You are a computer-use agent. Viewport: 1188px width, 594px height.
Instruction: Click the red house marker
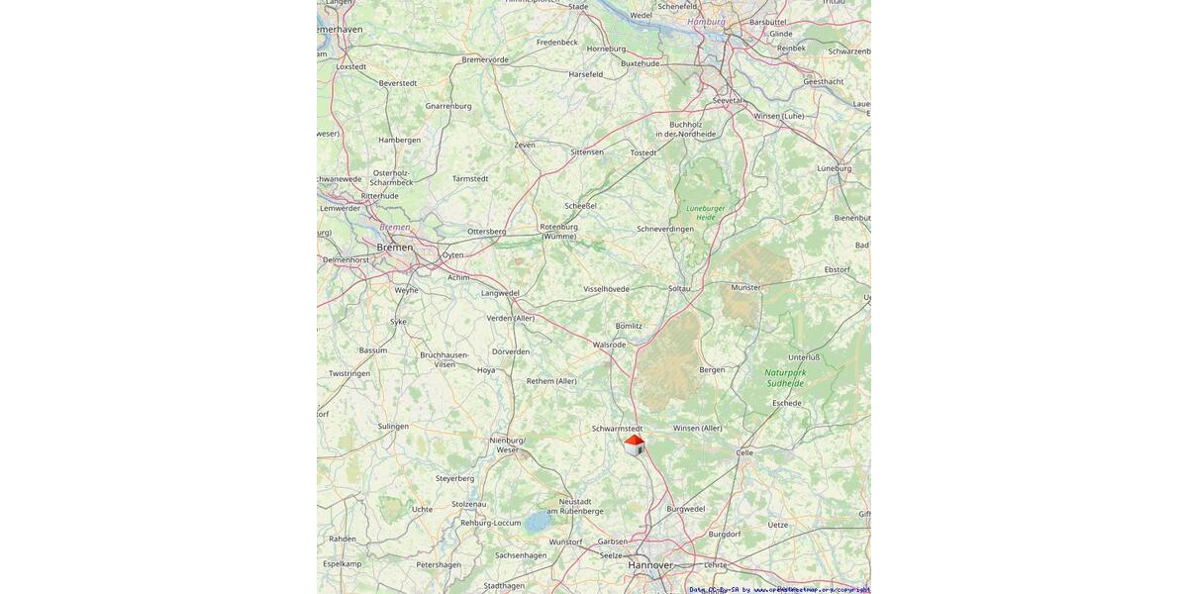point(634,445)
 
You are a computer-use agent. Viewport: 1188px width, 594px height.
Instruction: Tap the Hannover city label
point(649,565)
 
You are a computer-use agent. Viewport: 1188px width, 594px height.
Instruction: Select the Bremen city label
point(394,247)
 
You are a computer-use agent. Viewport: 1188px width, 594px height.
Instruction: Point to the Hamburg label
point(706,21)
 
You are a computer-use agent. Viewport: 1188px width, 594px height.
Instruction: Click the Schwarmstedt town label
point(617,429)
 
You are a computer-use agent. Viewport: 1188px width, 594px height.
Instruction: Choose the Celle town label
point(744,452)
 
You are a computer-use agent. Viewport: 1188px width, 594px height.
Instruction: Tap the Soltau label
point(679,288)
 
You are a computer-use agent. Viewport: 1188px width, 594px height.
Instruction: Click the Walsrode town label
point(609,345)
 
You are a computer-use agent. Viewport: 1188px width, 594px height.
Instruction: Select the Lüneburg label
point(834,168)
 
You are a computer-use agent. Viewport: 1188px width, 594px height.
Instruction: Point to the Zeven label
point(525,145)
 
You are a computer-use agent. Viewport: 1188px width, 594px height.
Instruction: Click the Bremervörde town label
point(485,59)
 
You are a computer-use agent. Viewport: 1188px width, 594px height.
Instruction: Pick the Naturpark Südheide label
point(786,377)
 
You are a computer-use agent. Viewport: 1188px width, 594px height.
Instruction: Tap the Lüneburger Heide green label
point(706,212)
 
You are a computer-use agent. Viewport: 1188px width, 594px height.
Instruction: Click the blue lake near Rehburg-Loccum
point(537,522)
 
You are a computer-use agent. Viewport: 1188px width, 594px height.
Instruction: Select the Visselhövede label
point(606,289)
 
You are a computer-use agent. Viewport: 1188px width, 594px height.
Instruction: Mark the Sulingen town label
point(392,426)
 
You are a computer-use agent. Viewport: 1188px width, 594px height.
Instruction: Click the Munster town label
point(745,287)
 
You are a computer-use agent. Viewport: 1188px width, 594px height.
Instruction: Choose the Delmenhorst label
point(346,259)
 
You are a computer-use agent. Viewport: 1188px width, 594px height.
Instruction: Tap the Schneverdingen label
point(665,229)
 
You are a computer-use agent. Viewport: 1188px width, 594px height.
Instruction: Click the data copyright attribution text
point(779,589)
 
